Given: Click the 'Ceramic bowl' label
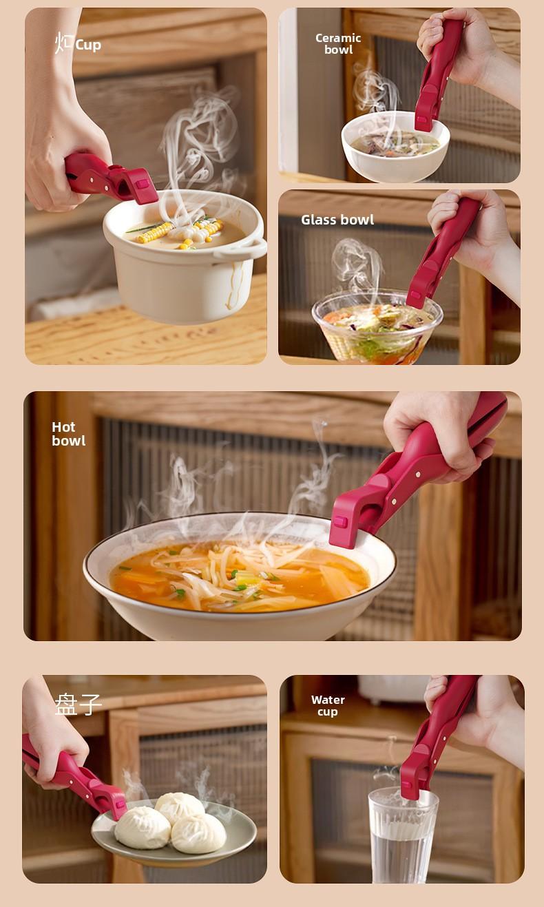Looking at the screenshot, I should tap(338, 44).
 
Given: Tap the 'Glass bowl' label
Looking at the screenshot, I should tap(337, 220).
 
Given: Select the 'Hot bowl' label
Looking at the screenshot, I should tap(68, 434).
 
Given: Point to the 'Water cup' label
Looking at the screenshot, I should tap(328, 705).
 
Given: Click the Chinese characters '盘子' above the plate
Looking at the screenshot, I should tap(79, 704).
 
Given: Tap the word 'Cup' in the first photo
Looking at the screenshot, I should tap(88, 45).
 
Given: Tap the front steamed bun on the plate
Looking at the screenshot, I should tap(142, 827).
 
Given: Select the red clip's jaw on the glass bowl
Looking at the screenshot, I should tap(417, 296).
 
